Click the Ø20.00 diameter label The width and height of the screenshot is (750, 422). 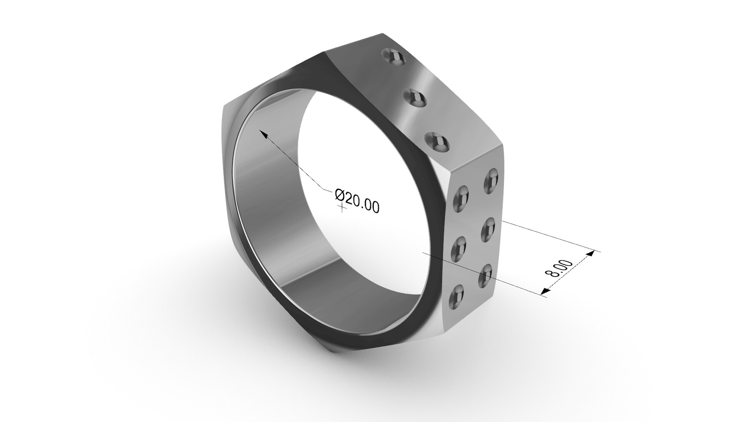(357, 200)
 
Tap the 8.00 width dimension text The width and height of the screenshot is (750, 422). (559, 269)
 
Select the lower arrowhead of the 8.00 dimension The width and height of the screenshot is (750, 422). (543, 293)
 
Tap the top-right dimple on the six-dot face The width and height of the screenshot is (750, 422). (492, 178)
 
